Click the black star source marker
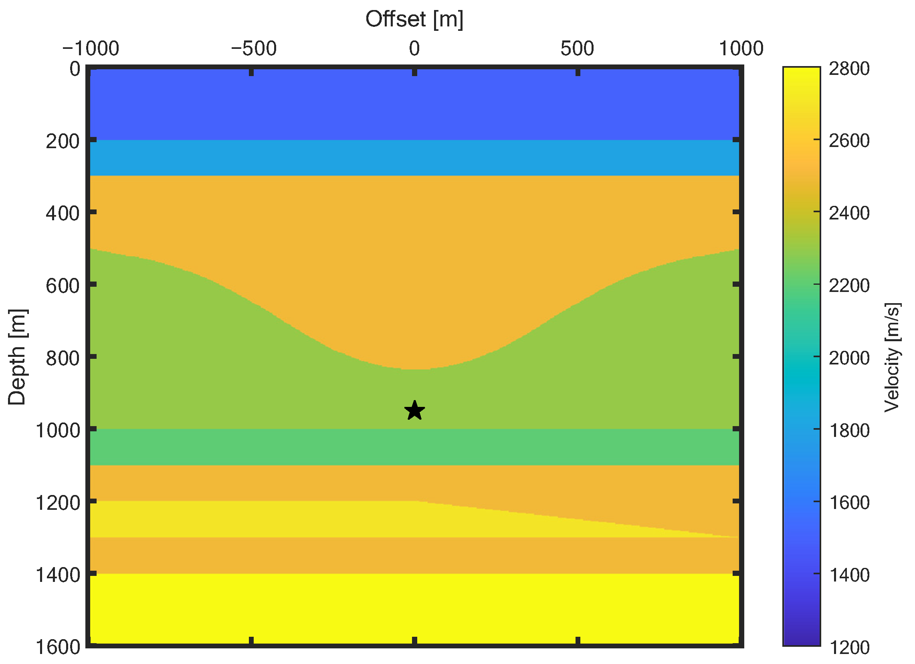point(414,411)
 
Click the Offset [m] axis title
point(414,19)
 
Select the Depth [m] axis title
point(17,357)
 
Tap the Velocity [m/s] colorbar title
point(892,358)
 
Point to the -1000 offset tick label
point(90,49)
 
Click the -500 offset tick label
point(253,49)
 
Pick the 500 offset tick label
point(577,49)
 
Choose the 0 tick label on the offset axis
point(414,49)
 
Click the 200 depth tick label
point(63,141)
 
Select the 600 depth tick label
point(63,286)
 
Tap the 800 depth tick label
point(63,358)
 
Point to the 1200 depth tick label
point(58,503)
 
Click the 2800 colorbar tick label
point(849,69)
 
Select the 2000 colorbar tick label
point(849,358)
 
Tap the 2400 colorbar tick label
point(849,213)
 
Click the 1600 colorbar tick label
point(849,503)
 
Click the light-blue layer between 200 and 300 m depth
point(414,158)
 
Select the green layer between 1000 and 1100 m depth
point(414,447)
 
